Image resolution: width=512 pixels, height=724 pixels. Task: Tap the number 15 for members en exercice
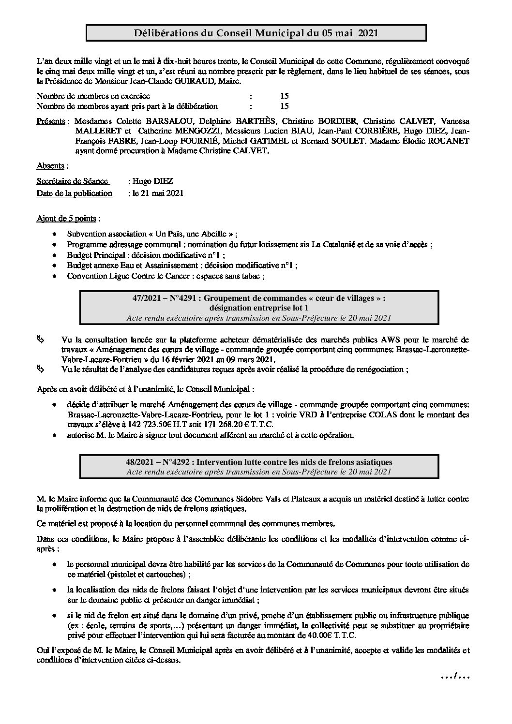pyautogui.click(x=284, y=96)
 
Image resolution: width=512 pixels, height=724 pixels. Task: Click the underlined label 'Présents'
pyautogui.click(x=51, y=121)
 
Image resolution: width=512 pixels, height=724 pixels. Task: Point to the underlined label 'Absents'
pyautogui.click(x=51, y=166)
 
